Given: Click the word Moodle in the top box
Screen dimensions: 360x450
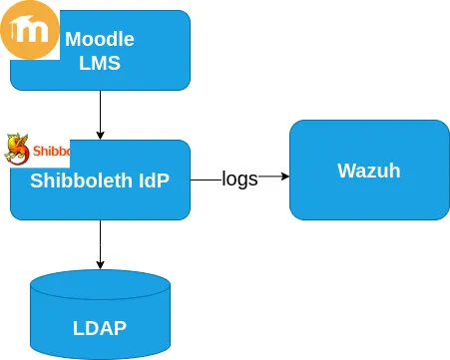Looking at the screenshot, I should pyautogui.click(x=100, y=40).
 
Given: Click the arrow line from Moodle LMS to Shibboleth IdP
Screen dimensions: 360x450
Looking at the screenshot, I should pyautogui.click(x=100, y=110).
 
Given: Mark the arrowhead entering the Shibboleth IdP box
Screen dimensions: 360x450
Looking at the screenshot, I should pyautogui.click(x=100, y=135).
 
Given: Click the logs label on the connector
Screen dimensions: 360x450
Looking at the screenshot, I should pyautogui.click(x=239, y=179).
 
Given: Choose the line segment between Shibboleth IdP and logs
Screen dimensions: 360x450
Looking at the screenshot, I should pyautogui.click(x=205, y=179).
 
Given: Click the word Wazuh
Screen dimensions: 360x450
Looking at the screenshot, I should pyautogui.click(x=369, y=171).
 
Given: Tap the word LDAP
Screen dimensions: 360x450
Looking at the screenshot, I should pyautogui.click(x=100, y=327).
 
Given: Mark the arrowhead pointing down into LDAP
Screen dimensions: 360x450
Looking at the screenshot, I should pyautogui.click(x=100, y=264).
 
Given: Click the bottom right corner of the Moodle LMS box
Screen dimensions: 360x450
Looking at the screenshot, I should pyautogui.click(x=188, y=88).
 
